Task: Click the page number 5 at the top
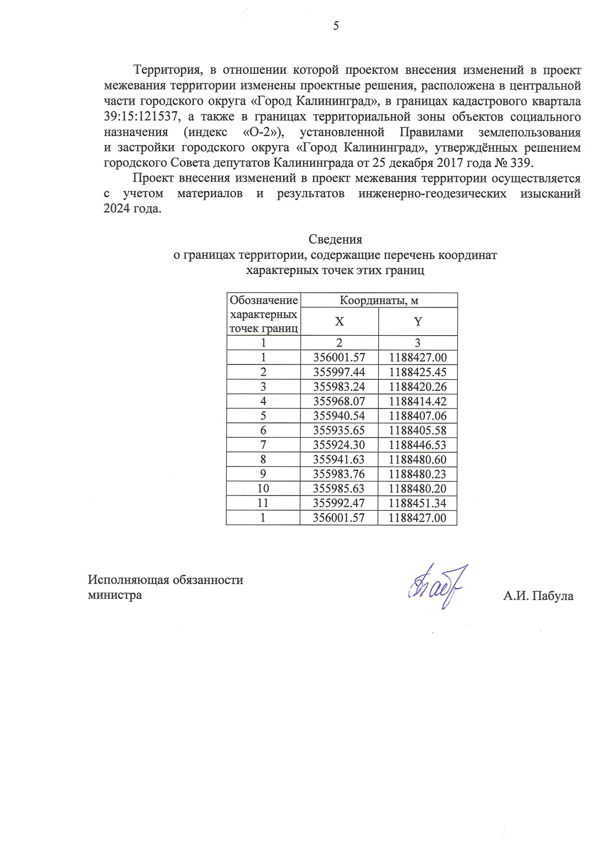[336, 26]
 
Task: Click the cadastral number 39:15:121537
[141, 117]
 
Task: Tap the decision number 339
[521, 163]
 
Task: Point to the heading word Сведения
[335, 239]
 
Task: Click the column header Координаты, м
[379, 300]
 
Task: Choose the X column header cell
[339, 322]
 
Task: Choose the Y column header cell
[418, 322]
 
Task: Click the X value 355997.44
[339, 372]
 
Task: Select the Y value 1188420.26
[418, 387]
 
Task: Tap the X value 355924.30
[339, 445]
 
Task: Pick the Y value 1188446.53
[418, 445]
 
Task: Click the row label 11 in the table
[263, 503]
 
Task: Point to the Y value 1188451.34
[418, 503]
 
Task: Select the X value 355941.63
[339, 460]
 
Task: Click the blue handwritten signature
[438, 586]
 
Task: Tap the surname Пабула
[553, 596]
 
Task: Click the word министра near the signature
[115, 595]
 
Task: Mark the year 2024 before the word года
[116, 209]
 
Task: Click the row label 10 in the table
[263, 488]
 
